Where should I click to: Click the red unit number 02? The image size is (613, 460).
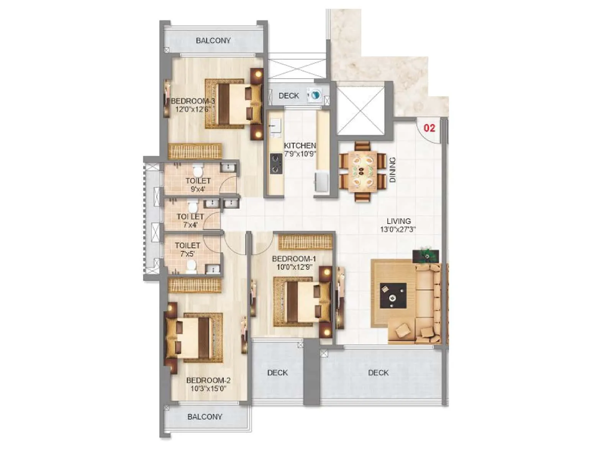pos(429,128)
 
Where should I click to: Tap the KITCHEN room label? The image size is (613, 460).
pos(300,146)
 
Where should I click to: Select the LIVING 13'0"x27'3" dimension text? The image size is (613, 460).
pos(398,230)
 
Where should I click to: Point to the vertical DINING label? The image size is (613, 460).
pos(392,170)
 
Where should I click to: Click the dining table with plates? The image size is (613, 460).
pos(362,171)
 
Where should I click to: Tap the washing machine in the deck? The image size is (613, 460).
pos(314,95)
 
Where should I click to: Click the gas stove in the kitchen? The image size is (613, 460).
pos(275,163)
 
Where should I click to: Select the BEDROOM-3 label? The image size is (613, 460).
pos(193,101)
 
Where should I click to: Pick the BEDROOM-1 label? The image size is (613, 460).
pos(294,259)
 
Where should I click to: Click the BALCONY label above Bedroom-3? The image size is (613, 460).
pos(213,41)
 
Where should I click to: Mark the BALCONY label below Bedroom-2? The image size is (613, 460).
pos(205,417)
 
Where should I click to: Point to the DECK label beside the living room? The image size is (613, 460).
pos(378,373)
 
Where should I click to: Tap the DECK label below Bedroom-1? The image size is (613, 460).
pos(277,373)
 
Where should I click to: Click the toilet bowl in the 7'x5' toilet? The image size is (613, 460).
pos(191,266)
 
